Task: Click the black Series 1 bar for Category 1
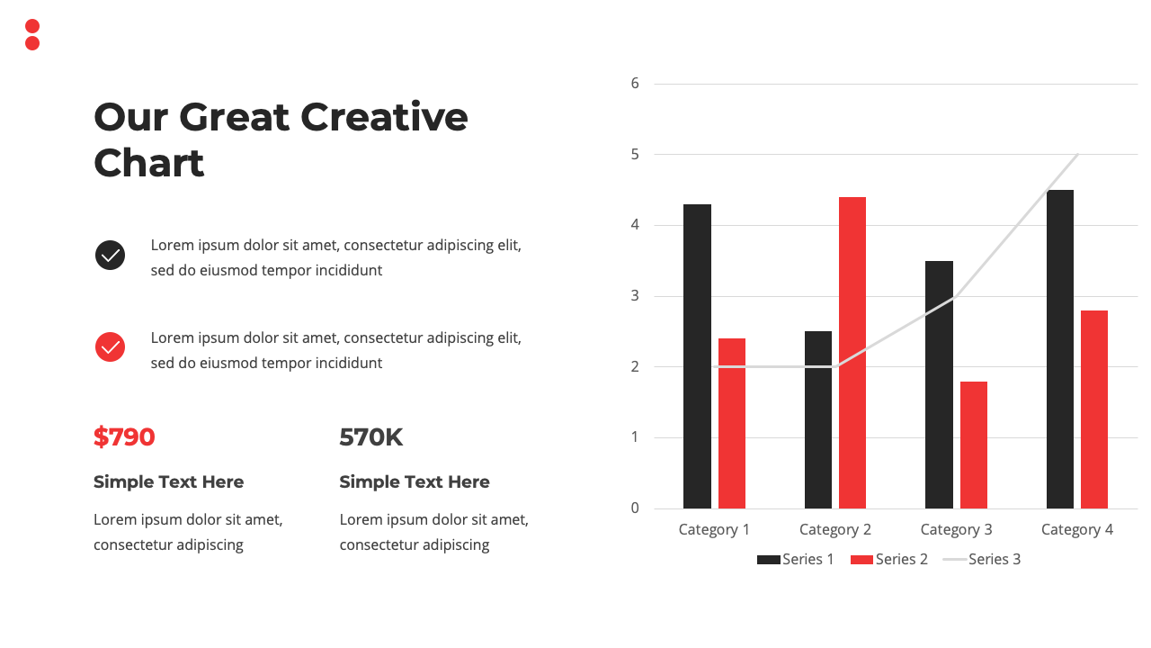697,356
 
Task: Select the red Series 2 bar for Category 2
852,353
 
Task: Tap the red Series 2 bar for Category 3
974,445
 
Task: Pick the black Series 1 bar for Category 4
1060,349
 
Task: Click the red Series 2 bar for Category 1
732,423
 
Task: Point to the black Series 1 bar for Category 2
818,419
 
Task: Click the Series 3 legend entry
982,560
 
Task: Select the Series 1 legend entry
796,560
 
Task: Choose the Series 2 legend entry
889,560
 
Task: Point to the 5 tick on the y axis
635,154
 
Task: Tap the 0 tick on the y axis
635,508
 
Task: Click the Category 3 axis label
956,530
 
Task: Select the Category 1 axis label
714,530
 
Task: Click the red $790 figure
124,437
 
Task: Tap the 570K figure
371,437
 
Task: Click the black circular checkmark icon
110,255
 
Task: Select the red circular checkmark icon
110,347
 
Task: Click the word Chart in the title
149,163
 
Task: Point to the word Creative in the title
384,117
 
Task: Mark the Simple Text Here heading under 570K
415,481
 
